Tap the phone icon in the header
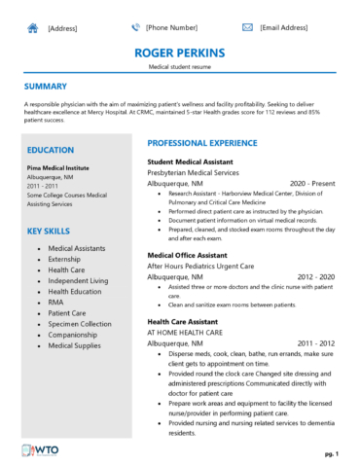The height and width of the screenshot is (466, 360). click(x=135, y=28)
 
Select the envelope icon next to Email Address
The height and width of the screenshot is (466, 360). click(x=247, y=28)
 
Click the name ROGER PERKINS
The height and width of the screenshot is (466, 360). click(x=180, y=52)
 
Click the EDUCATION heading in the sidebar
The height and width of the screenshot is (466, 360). click(x=51, y=150)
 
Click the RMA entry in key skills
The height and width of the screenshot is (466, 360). click(x=56, y=302)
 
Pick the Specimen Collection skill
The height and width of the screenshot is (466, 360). click(x=80, y=323)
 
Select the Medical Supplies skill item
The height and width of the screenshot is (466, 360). click(x=73, y=344)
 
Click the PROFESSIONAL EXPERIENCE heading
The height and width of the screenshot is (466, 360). click(x=201, y=143)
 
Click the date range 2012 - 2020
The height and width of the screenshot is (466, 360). click(x=316, y=276)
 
